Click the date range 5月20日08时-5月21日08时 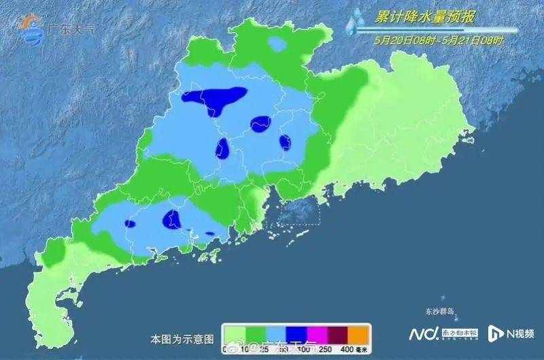pos(439,40)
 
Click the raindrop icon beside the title pos(353,22)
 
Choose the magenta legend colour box pos(316,334)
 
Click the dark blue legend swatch pos(296,334)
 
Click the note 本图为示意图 pos(182,338)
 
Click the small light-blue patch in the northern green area pos(277,44)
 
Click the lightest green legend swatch pos(235,334)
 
